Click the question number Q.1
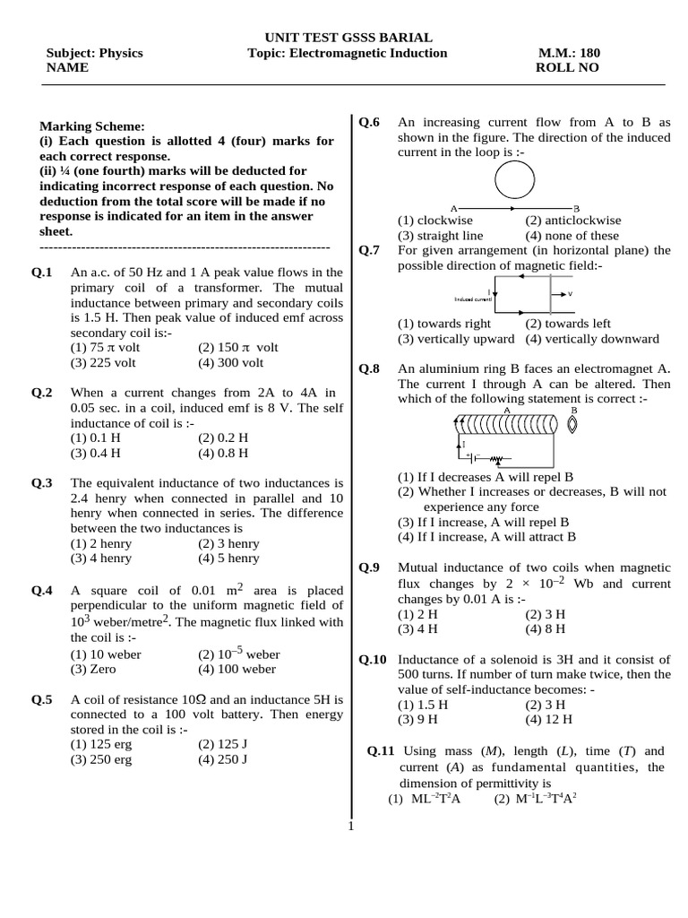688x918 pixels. [x=42, y=272]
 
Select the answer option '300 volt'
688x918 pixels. [x=231, y=363]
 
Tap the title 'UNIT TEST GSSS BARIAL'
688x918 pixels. [x=348, y=38]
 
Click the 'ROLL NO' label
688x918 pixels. [x=567, y=68]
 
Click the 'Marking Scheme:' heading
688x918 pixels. [x=92, y=126]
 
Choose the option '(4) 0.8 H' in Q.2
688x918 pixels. [x=223, y=453]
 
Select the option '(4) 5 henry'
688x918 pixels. [x=228, y=559]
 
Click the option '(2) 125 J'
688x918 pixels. [x=222, y=744]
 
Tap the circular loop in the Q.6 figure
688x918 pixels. [x=519, y=184]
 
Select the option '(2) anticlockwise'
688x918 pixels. [x=572, y=221]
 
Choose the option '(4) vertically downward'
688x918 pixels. [x=592, y=339]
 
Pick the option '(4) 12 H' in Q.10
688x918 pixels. [x=549, y=719]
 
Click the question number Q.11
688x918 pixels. [x=382, y=751]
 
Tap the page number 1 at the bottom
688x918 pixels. [x=351, y=826]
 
